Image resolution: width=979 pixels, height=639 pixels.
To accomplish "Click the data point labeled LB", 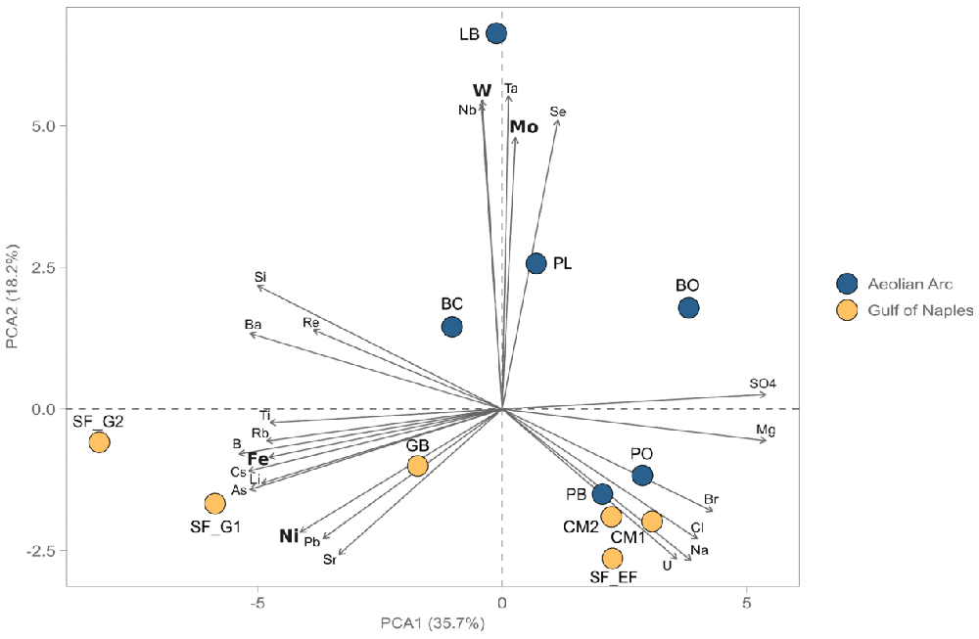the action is click(x=496, y=33).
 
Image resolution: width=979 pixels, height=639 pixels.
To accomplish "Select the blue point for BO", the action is click(x=688, y=307).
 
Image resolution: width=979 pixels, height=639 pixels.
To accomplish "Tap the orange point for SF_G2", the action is click(x=99, y=442).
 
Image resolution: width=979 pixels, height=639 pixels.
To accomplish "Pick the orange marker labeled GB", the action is click(x=417, y=466).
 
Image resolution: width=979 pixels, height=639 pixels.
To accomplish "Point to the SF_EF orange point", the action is click(x=613, y=558).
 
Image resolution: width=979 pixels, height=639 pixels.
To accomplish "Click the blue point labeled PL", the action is click(x=536, y=263).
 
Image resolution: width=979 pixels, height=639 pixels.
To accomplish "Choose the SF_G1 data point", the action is click(x=214, y=504).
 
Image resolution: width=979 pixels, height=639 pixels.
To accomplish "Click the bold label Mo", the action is click(x=524, y=127).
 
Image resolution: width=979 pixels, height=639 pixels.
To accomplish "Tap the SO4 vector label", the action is click(x=763, y=384).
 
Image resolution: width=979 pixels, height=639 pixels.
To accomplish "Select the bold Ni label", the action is click(x=289, y=536).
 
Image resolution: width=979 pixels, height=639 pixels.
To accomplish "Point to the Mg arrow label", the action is click(x=766, y=430).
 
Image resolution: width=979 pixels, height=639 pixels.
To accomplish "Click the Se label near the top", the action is click(x=558, y=112).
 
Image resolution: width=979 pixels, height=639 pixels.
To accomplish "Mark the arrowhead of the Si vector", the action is click(x=257, y=286).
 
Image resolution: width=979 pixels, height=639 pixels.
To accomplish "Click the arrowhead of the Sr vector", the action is click(x=339, y=554).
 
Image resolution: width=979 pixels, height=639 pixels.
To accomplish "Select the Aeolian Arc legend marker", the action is click(x=847, y=284).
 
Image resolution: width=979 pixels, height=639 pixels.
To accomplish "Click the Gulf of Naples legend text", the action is click(x=920, y=310).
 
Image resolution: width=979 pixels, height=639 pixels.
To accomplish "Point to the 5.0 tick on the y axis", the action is click(x=44, y=125).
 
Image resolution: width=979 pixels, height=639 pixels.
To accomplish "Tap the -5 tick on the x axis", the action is click(x=257, y=603).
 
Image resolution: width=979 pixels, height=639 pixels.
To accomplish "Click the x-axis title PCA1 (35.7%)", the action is click(x=433, y=622).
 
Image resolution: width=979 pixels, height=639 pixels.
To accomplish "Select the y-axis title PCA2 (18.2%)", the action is click(x=14, y=297).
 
